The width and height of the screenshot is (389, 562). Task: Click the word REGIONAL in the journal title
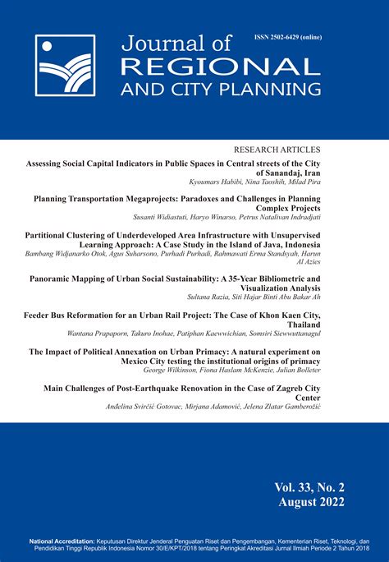point(190,65)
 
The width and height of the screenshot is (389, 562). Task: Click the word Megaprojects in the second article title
point(164,199)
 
